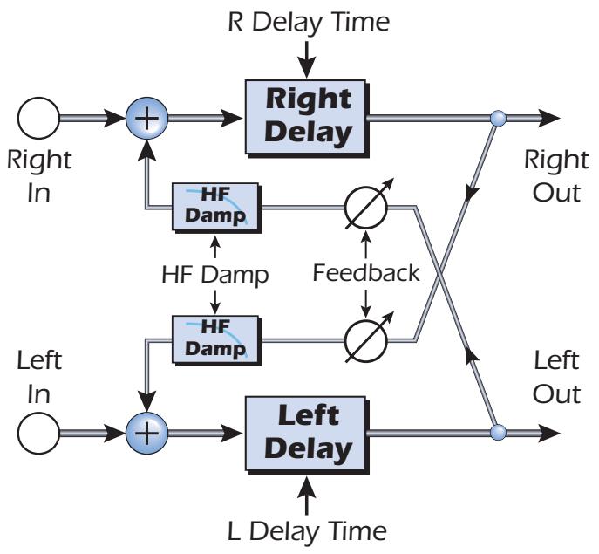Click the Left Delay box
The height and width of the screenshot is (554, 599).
coord(310,433)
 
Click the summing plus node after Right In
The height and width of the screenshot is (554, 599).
coord(149,117)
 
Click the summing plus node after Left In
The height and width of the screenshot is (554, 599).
coord(149,431)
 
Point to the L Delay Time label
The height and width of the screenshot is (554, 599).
coord(310,530)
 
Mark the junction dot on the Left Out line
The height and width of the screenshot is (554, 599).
coord(497,431)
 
